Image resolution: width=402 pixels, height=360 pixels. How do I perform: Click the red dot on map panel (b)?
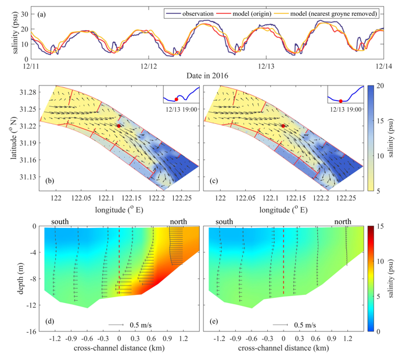[x=119, y=126]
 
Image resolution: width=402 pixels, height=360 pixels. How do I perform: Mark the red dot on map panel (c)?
[x=283, y=126]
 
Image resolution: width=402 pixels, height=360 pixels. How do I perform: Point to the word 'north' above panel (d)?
[x=177, y=222]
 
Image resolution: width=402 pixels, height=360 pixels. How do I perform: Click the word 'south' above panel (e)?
[x=225, y=222]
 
